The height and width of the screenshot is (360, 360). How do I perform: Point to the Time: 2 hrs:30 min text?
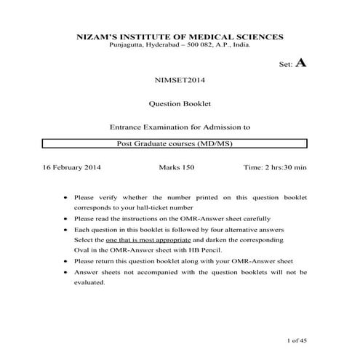point(275,167)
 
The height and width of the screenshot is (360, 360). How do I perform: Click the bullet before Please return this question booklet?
point(66,260)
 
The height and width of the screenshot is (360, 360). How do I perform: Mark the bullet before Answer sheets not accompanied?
point(66,271)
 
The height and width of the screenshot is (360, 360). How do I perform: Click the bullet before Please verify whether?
point(66,197)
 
